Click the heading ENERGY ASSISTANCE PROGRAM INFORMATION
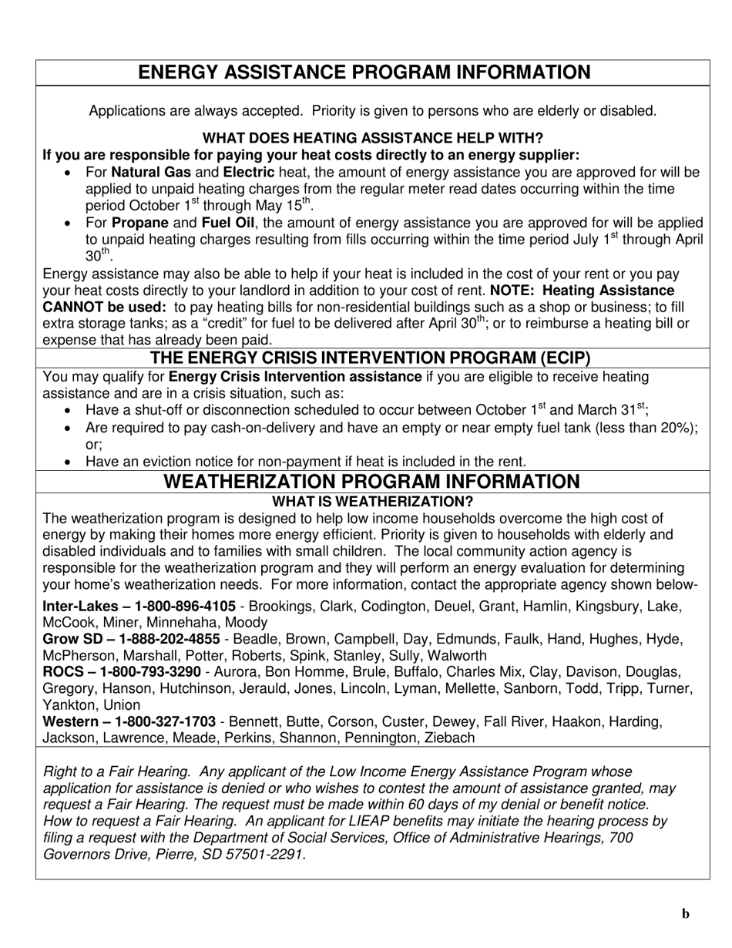pyautogui.click(x=364, y=72)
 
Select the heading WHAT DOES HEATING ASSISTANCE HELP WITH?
pyautogui.click(x=372, y=138)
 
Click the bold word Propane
pyautogui.click(x=140, y=223)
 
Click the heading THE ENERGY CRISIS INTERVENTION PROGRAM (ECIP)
pyautogui.click(x=370, y=358)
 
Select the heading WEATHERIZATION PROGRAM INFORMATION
pyautogui.click(x=372, y=482)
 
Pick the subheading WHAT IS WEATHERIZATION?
pyautogui.click(x=373, y=501)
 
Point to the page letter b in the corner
pyautogui.click(x=685, y=914)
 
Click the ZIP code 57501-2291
pyautogui.click(x=267, y=854)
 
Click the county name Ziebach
pyautogui.click(x=448, y=738)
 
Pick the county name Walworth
pyautogui.click(x=458, y=656)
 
